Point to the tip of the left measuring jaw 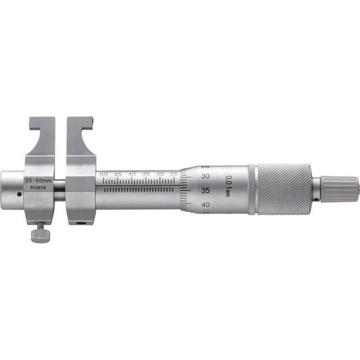pyautogui.click(x=33, y=122)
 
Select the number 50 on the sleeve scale pyautogui.click(x=103, y=174)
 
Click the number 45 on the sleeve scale pyautogui.click(x=118, y=174)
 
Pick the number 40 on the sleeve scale pyautogui.click(x=132, y=174)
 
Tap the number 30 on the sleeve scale pyautogui.click(x=160, y=174)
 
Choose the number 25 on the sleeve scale pyautogui.click(x=174, y=174)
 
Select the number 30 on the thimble pyautogui.click(x=205, y=176)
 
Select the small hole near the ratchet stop pyautogui.click(x=315, y=201)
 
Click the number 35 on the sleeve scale pyautogui.click(x=146, y=174)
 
